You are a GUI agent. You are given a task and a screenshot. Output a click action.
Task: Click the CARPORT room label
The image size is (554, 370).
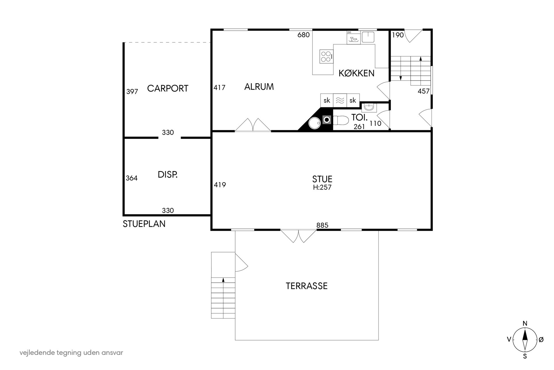168,88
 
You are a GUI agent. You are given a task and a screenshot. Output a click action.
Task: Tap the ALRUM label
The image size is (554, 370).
259,87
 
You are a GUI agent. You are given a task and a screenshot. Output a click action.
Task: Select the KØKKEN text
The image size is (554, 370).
356,73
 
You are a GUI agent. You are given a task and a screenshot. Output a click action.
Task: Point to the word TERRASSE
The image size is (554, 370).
306,286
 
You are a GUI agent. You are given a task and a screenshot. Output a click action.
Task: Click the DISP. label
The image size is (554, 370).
168,175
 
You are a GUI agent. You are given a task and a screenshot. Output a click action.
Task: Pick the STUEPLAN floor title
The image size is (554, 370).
144,224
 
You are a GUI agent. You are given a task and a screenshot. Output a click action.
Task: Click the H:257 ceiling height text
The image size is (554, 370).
322,187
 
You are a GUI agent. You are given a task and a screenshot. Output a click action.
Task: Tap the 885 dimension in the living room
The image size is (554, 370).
322,225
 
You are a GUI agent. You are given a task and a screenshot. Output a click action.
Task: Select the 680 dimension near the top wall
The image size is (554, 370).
303,35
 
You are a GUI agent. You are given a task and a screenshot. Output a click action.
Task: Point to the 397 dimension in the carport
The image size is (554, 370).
132,92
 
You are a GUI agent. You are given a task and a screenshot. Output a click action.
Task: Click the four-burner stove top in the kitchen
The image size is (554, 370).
327,56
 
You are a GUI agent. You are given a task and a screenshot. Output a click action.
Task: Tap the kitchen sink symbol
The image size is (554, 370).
368,37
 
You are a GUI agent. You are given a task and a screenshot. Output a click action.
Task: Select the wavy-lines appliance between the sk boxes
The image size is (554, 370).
340,100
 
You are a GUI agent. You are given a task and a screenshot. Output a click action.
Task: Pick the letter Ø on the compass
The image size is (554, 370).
541,339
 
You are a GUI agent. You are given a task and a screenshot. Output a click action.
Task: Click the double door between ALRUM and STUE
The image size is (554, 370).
253,125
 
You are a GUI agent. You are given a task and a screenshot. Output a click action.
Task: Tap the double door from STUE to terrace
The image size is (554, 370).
298,236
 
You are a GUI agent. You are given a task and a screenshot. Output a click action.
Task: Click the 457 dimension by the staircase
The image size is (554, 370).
423,91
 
